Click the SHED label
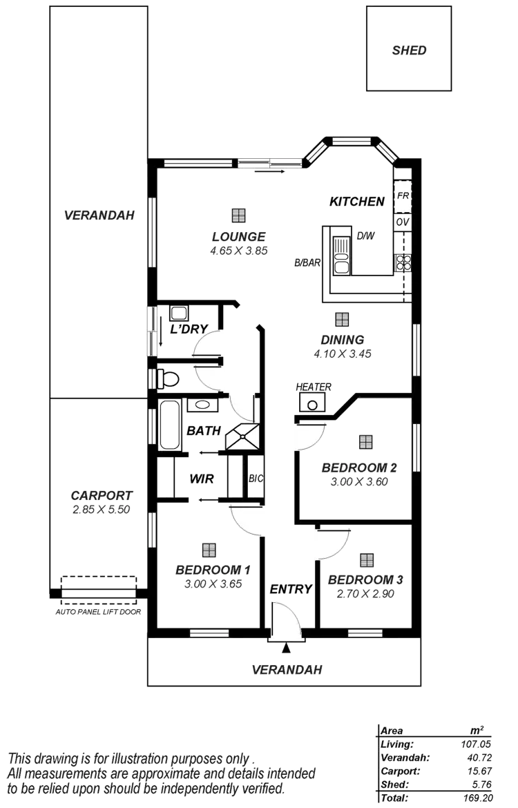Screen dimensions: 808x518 pos(410,50)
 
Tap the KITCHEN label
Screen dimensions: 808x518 pos(356,202)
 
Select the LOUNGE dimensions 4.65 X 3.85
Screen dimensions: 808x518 pos(239,251)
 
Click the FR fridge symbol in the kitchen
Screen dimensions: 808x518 pos(403,197)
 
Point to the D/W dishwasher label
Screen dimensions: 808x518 pos(365,236)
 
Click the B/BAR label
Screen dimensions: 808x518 pos(307,262)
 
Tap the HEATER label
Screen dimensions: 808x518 pos(314,387)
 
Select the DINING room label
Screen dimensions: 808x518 pos(342,340)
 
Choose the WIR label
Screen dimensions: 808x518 pos(201,479)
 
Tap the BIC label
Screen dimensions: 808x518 pos(256,478)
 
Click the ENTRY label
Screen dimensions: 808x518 pos(291,589)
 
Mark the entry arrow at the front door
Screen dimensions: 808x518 pos(285,648)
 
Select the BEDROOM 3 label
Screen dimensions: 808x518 pos(365,579)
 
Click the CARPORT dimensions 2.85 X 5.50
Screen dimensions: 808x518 pos(102,509)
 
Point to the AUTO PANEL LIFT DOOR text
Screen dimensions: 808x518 pos(99,612)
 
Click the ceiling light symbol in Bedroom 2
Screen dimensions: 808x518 pos(365,441)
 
